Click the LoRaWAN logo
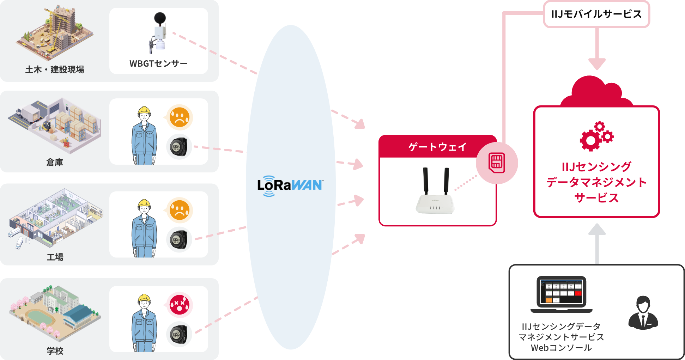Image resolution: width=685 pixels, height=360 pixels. (x=290, y=185)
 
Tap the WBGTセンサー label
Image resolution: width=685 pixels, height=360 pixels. (x=158, y=63)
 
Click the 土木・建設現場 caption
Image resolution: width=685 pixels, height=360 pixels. (x=55, y=69)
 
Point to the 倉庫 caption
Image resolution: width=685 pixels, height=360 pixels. (x=55, y=162)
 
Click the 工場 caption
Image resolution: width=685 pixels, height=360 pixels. (x=55, y=257)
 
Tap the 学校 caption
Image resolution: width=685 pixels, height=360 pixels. (x=55, y=351)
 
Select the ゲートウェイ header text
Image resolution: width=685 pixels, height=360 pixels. (x=437, y=147)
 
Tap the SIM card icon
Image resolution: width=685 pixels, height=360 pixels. (x=497, y=163)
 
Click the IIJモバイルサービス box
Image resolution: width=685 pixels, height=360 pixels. (x=596, y=14)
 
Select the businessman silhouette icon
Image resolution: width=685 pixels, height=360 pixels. (x=643, y=313)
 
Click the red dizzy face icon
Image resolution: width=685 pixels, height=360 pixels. (x=179, y=305)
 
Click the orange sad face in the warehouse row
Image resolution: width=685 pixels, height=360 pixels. (x=179, y=117)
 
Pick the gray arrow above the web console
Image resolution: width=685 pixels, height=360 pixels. (x=597, y=243)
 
